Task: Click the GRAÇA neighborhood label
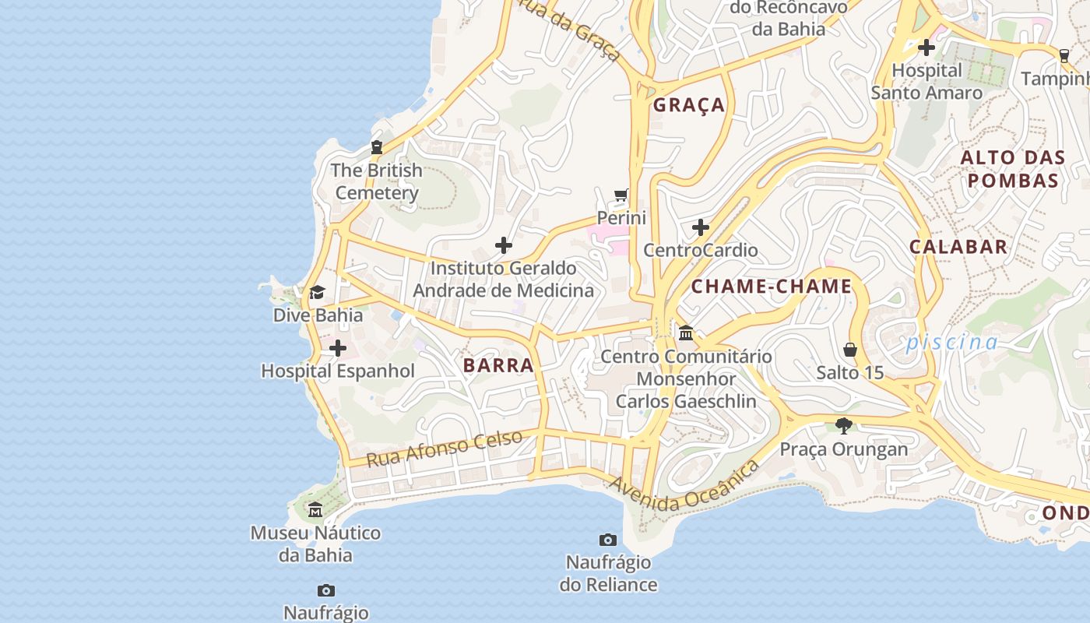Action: click(x=688, y=105)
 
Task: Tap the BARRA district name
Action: click(x=498, y=365)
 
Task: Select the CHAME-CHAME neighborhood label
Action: click(x=772, y=286)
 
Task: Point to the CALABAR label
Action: click(x=958, y=247)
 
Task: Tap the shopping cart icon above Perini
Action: click(x=621, y=195)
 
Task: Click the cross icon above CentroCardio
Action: click(x=701, y=227)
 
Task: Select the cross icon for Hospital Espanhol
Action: click(x=338, y=348)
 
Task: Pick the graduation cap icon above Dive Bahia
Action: click(x=317, y=293)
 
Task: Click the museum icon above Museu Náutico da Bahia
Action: click(x=315, y=510)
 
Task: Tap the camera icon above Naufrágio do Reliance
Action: click(x=608, y=540)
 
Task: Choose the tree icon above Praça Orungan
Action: click(x=843, y=426)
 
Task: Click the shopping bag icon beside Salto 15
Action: click(x=850, y=350)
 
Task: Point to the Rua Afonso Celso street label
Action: click(x=444, y=449)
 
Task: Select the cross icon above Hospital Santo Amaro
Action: click(x=926, y=48)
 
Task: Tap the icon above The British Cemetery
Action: click(x=377, y=147)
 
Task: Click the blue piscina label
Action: click(x=951, y=342)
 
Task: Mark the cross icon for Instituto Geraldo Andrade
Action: click(x=504, y=245)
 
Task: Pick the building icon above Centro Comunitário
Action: click(x=686, y=333)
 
